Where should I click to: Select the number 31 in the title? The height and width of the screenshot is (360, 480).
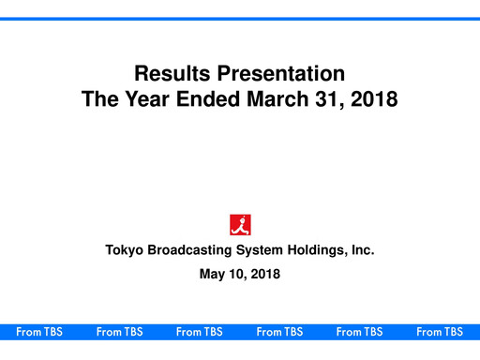[333, 97]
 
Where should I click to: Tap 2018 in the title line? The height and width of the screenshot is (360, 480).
[376, 97]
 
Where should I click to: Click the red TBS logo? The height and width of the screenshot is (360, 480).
[240, 224]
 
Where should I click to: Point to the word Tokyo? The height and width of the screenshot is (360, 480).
[125, 250]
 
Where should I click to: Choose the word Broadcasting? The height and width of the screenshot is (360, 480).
[193, 250]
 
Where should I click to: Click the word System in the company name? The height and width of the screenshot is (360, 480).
[264, 250]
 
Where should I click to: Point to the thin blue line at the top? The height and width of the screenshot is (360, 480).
[240, 19]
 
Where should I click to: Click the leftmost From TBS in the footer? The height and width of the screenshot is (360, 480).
[39, 332]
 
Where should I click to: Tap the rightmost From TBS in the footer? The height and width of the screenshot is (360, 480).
[440, 332]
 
